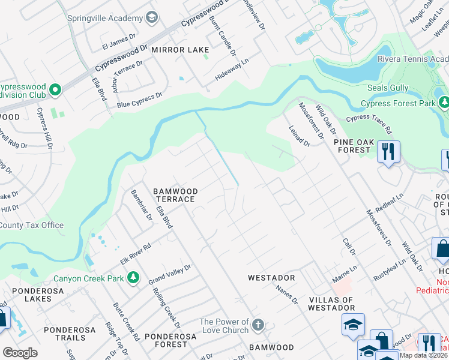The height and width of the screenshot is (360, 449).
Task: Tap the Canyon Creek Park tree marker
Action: pos(133,278)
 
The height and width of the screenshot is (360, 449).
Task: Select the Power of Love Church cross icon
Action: pos(258,326)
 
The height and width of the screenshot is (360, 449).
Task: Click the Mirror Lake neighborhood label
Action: pos(180,50)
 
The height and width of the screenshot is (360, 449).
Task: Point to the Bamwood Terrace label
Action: pos(174,195)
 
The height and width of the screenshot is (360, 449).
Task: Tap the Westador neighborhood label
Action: pos(272,278)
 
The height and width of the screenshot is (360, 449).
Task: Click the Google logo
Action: pos(20,352)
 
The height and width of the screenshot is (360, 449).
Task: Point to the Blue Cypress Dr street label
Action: pos(140,100)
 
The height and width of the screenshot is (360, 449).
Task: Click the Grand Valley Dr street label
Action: pos(169,275)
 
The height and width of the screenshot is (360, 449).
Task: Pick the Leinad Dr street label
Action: pos(298,135)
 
